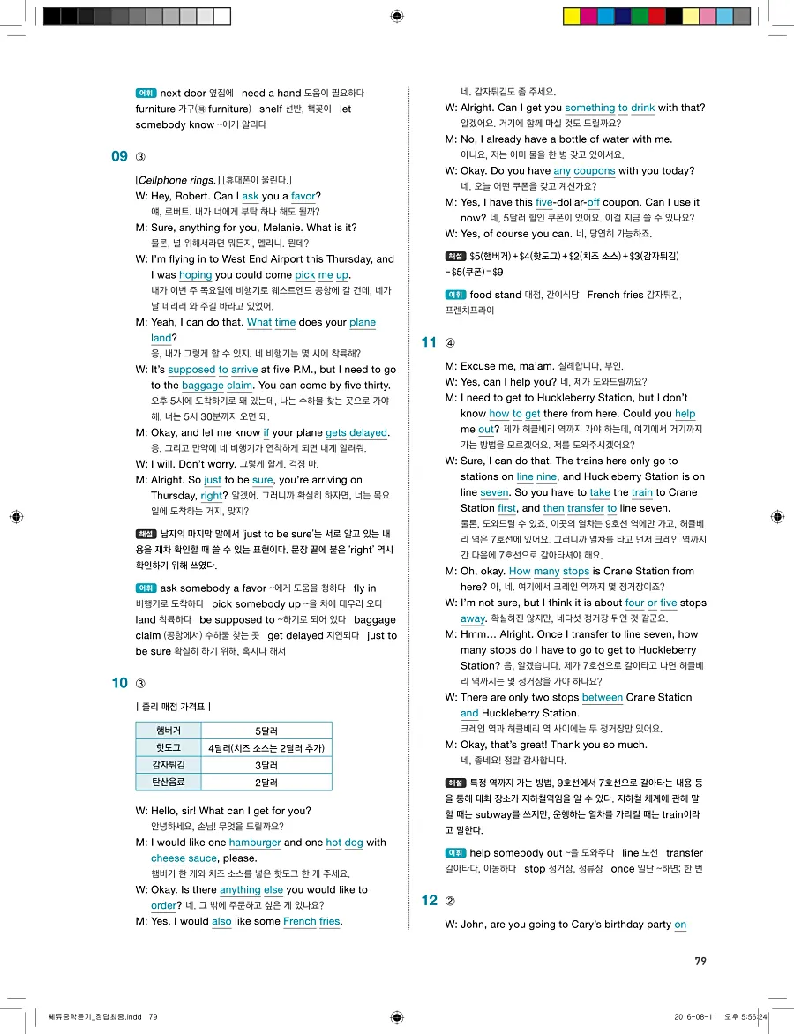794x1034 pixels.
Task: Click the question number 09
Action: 120,157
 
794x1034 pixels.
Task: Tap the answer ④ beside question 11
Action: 450,342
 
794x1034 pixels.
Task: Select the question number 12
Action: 430,900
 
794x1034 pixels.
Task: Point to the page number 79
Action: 700,962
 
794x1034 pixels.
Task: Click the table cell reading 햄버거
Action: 168,731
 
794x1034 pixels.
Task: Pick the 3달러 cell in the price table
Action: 266,765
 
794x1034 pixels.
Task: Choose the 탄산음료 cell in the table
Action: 168,782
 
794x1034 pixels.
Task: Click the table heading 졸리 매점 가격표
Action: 173,707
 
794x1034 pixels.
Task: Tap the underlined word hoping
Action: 196,275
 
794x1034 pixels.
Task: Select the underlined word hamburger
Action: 254,843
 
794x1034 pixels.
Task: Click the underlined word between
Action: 603,698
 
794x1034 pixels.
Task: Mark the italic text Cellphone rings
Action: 177,180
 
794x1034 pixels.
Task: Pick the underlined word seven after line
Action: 495,492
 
